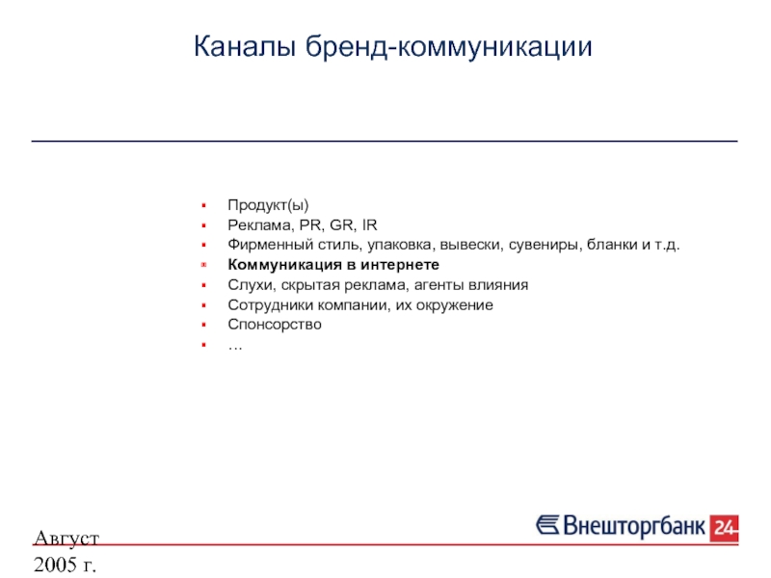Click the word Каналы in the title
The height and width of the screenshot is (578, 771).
(245, 46)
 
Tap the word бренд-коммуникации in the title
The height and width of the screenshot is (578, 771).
(448, 47)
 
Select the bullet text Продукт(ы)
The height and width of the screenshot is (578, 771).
(268, 205)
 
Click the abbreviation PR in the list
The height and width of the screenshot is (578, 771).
(310, 225)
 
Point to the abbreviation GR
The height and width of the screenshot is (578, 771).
(342, 225)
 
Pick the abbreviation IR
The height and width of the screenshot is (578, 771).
(370, 225)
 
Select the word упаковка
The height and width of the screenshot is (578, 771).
(400, 245)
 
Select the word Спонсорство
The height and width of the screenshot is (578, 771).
(275, 325)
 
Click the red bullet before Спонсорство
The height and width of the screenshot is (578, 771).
(203, 325)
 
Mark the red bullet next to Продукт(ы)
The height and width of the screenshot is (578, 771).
(203, 205)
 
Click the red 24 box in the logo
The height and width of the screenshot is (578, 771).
(724, 528)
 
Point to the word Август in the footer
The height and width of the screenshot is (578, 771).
(66, 539)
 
